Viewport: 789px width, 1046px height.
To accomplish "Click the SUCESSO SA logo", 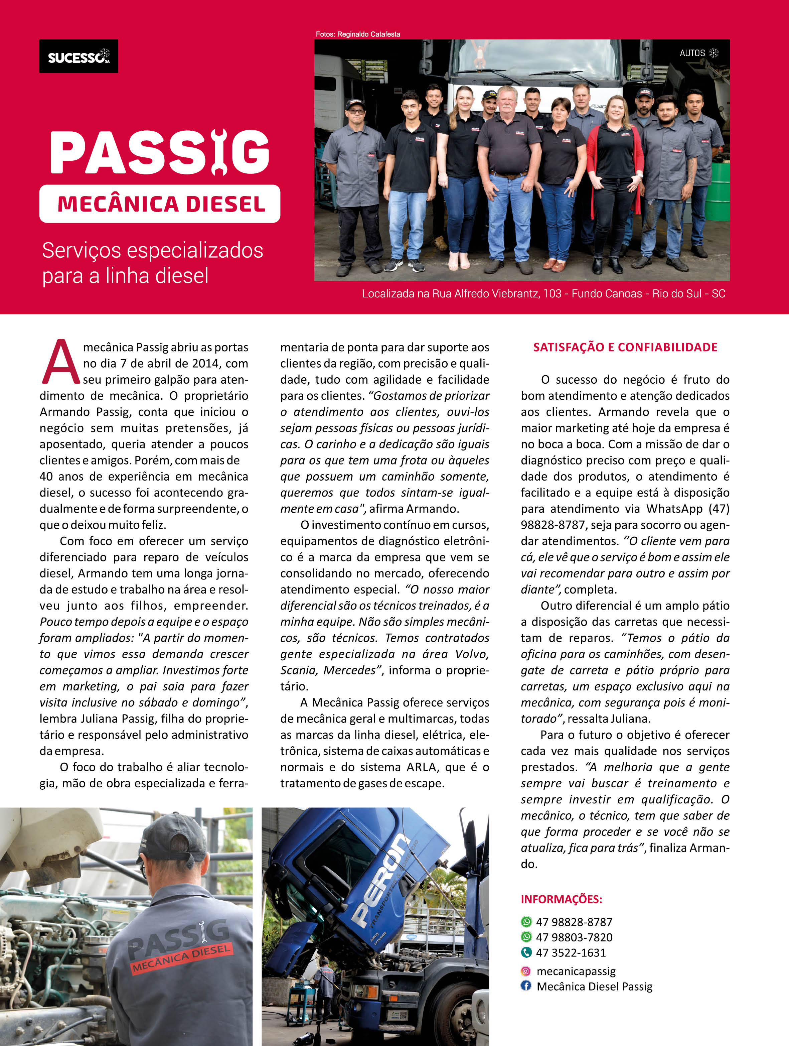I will click(78, 56).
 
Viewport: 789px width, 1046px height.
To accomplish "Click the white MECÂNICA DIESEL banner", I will click(160, 204).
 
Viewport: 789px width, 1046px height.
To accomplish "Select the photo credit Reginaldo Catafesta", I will click(358, 34).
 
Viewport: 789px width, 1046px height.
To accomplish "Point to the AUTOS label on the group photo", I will click(692, 53).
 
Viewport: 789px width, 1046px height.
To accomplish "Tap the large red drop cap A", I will click(60, 362).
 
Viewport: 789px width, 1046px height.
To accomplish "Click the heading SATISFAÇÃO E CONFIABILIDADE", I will click(625, 347).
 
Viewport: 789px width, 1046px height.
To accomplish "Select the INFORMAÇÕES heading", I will click(561, 899).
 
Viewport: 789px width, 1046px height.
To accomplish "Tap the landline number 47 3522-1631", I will click(571, 952).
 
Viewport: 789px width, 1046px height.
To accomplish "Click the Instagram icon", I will click(526, 971).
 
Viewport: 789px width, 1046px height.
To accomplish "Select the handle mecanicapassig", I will click(576, 971).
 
